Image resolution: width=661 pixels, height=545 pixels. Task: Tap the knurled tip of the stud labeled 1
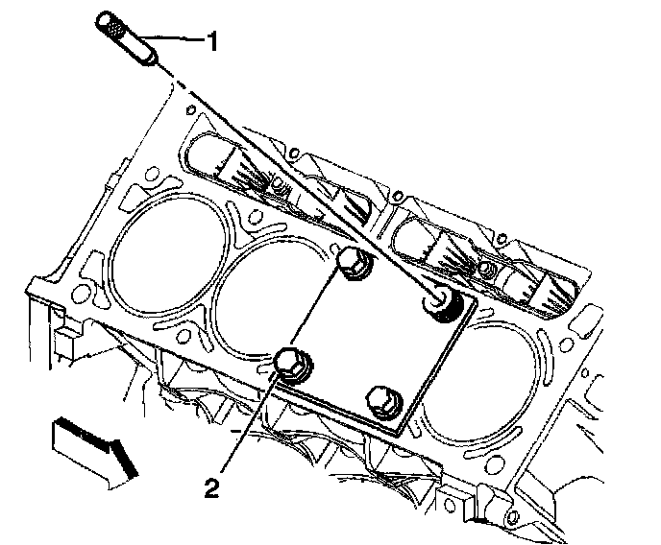coord(111,27)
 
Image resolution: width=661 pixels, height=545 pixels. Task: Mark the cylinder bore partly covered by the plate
coord(274,307)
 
